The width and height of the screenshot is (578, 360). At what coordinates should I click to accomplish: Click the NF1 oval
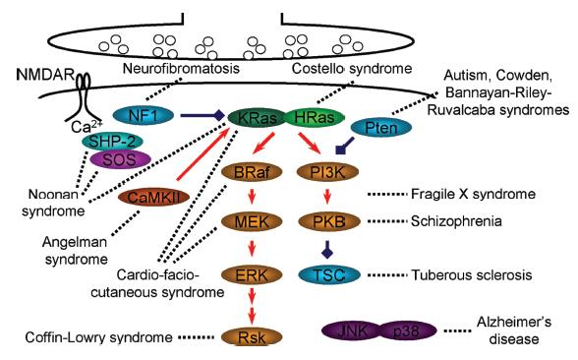click(x=144, y=116)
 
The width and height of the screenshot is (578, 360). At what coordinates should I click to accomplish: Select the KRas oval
click(x=258, y=118)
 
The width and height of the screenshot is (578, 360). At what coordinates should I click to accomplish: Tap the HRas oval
click(x=315, y=118)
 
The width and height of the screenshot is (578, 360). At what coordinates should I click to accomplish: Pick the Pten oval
click(x=381, y=128)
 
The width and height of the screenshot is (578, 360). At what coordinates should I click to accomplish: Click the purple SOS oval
click(x=120, y=159)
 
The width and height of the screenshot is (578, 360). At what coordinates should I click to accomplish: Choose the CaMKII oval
click(x=153, y=198)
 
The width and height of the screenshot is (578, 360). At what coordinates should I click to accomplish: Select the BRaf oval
click(x=252, y=172)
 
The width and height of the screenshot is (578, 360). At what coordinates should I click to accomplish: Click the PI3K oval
click(x=327, y=172)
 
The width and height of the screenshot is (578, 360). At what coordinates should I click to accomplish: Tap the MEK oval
click(x=252, y=221)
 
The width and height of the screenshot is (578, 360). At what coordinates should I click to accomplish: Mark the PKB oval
click(x=328, y=221)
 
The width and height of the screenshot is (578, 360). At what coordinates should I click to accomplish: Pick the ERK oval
click(x=252, y=274)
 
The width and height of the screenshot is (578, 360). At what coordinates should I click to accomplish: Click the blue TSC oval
click(x=328, y=274)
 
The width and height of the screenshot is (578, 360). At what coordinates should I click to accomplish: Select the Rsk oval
click(x=252, y=336)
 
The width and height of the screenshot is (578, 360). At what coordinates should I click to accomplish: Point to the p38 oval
click(x=406, y=330)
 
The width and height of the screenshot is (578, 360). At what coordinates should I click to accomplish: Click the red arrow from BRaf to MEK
click(x=252, y=197)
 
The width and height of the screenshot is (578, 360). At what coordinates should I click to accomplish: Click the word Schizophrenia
click(x=456, y=221)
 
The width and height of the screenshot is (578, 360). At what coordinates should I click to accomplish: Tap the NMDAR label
click(x=45, y=75)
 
